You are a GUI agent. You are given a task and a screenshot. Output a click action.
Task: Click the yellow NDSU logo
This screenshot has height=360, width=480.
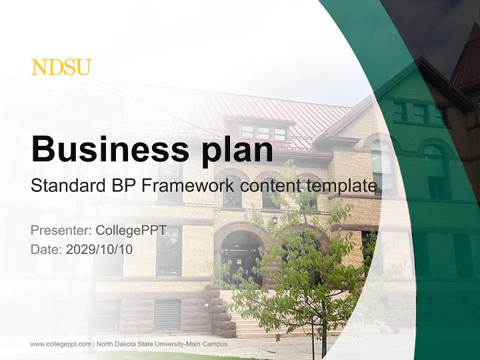pos(61,67)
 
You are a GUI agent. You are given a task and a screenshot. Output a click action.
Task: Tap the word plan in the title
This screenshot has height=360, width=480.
pos(238,150)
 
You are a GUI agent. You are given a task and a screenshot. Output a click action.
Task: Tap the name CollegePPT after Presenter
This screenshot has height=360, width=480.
pos(138,231)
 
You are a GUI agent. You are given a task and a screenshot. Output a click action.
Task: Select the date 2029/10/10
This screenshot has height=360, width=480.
pos(99,249)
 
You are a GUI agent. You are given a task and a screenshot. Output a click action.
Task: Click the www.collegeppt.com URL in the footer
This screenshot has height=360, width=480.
pos(60,344)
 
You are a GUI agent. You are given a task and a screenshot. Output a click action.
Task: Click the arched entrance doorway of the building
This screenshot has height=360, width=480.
pos(242,257)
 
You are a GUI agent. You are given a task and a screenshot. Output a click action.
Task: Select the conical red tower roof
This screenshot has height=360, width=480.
pos(468,60)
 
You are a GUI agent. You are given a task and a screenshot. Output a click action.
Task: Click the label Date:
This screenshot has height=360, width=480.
pos(46,249)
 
